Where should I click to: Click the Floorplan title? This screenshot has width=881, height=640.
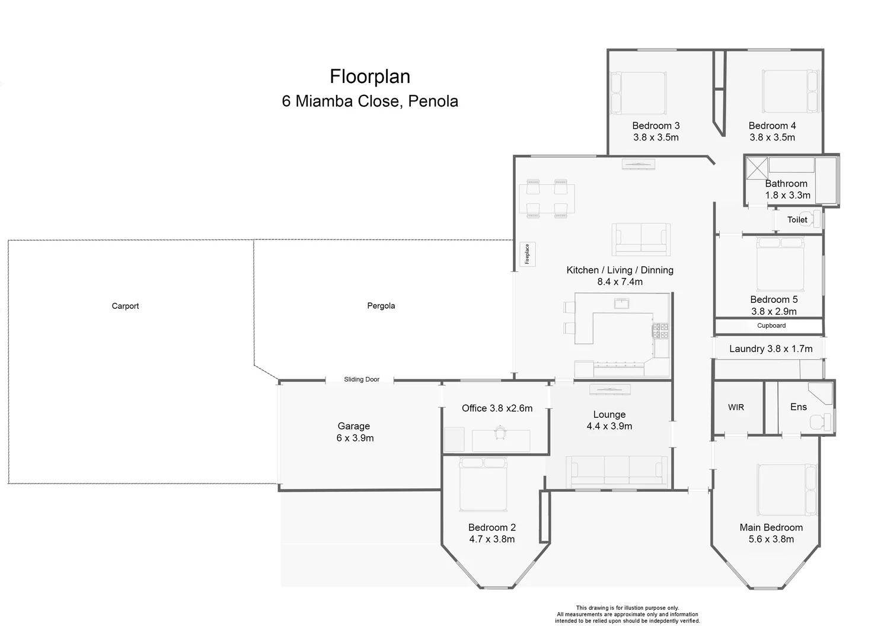click(x=370, y=76)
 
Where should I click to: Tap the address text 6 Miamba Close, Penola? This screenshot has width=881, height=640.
click(x=370, y=101)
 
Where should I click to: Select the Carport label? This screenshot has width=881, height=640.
click(x=125, y=306)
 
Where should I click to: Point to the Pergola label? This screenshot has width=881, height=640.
click(x=381, y=306)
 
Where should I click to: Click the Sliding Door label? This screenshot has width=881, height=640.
click(x=362, y=379)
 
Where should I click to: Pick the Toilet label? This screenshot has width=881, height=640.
click(x=797, y=220)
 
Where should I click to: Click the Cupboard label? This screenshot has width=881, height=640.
click(x=771, y=326)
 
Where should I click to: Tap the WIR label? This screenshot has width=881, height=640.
click(x=736, y=408)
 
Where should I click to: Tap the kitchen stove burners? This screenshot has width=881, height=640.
click(x=660, y=331)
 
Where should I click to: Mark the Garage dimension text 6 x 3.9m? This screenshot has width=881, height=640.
click(x=355, y=439)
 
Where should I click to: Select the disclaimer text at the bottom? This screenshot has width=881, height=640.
click(x=627, y=615)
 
